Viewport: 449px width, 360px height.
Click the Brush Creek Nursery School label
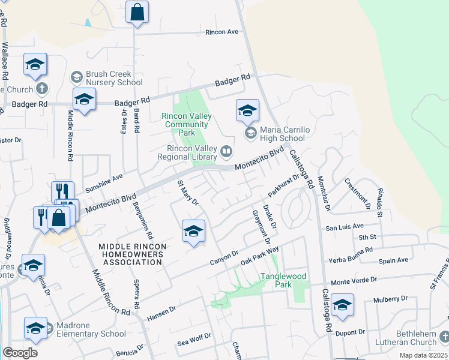(113, 78)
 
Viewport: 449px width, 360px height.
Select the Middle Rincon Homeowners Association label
(131, 254)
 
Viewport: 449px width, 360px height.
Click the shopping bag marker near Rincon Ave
(137, 12)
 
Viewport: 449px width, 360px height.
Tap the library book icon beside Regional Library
(226, 152)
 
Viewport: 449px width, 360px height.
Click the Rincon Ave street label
(222, 32)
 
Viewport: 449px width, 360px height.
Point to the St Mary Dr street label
(187, 193)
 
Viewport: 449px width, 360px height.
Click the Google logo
(20, 353)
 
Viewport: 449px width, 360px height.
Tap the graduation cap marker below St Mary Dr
(193, 232)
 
